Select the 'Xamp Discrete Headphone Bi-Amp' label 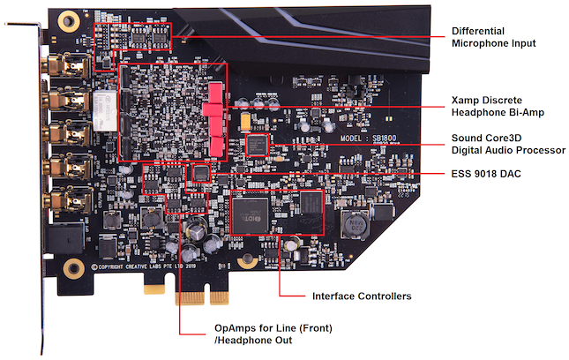499,106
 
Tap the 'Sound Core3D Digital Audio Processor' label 508,144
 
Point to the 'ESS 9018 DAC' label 486,174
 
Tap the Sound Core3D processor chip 257,144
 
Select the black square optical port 70,237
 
